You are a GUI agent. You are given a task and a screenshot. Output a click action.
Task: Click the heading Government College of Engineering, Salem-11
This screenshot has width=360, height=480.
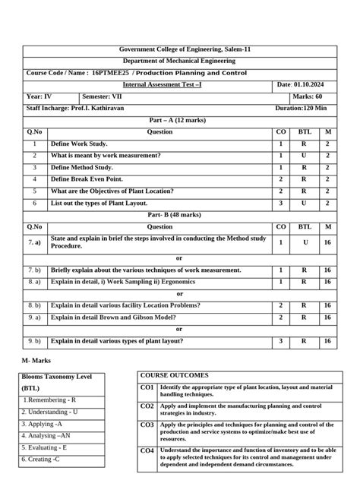coord(179,49)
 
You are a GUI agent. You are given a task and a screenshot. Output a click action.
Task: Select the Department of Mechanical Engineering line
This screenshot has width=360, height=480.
coord(179,61)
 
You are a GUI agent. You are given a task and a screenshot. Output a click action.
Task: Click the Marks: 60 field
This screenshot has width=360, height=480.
coord(308,97)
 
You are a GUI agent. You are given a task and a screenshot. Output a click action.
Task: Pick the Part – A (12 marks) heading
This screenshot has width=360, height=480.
coord(179,120)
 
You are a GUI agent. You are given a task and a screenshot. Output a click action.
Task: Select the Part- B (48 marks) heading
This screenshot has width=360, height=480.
coord(179,215)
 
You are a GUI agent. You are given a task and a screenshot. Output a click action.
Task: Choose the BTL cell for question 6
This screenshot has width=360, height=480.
coord(304,204)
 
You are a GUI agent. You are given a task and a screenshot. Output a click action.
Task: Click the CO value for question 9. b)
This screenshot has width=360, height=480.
coord(280,342)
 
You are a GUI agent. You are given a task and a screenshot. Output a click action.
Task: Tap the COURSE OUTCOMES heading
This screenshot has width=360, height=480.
coord(174,376)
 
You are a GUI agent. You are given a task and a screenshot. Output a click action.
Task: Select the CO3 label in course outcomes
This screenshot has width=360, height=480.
coord(147,425)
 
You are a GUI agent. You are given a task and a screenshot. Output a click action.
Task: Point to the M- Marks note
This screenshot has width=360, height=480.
coord(37,360)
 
